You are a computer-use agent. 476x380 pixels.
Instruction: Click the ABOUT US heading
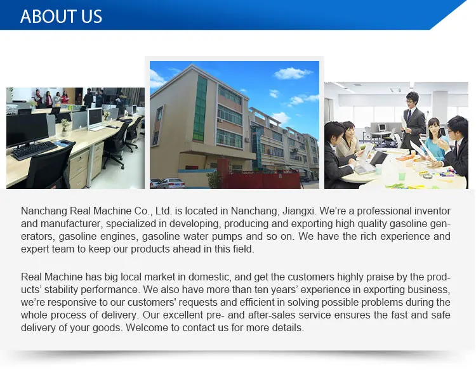pyautogui.click(x=61, y=16)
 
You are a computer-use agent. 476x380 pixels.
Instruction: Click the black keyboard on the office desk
pyautogui.click(x=34, y=150)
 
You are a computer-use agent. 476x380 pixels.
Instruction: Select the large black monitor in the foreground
pyautogui.click(x=27, y=131)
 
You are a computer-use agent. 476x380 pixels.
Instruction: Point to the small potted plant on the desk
pyautogui.click(x=65, y=127)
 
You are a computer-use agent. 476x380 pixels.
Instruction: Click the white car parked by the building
pyautogui.click(x=170, y=183)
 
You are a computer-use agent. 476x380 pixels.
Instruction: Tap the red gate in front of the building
pyautogui.click(x=260, y=180)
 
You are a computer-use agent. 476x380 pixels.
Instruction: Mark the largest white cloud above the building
pyautogui.click(x=291, y=73)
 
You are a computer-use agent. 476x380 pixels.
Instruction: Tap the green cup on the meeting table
pyautogui.click(x=402, y=176)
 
